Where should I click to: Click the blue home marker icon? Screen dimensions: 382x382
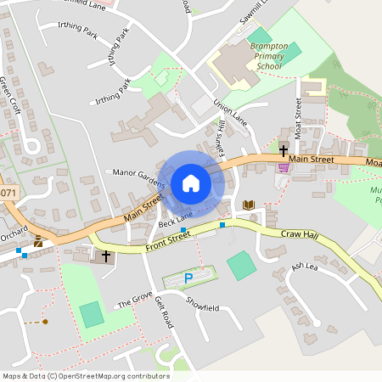click(x=191, y=183)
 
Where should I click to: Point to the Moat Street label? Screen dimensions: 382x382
click(x=299, y=115)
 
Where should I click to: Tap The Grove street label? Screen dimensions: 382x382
click(x=133, y=302)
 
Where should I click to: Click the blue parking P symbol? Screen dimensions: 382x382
click(x=188, y=278)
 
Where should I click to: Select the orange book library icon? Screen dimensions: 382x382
click(x=248, y=205)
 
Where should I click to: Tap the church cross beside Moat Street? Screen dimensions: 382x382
click(x=284, y=150)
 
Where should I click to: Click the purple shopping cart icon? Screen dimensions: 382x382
click(x=283, y=167)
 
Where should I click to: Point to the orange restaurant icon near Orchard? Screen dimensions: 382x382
click(x=38, y=241)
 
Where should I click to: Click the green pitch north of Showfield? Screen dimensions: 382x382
click(x=240, y=266)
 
